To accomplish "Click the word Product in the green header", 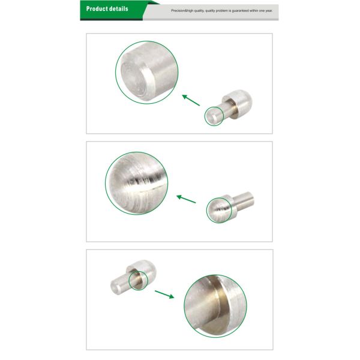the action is tap(95, 9).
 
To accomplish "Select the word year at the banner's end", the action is tap(269, 11).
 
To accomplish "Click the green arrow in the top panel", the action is tap(191, 100).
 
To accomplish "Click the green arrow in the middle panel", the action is tap(186, 199).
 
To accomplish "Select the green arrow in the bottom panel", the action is tap(164, 295).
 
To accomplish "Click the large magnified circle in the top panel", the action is tap(147, 73).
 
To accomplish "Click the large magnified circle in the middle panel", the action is tap(137, 183).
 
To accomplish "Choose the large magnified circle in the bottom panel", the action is tap(215, 306).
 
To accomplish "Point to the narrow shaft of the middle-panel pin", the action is tap(244, 201).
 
